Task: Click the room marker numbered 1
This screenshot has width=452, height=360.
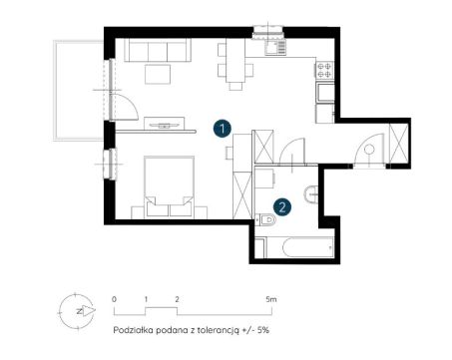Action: tap(223, 129)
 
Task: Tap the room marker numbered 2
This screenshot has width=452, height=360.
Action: tap(282, 207)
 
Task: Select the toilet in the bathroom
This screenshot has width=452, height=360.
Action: tap(265, 219)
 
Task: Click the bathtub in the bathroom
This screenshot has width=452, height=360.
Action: tap(299, 247)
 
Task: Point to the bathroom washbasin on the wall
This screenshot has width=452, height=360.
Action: tap(311, 193)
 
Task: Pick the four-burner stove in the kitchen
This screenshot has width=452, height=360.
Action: tap(324, 70)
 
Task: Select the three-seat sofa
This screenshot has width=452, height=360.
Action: tap(158, 50)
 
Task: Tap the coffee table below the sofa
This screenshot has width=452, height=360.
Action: tap(158, 74)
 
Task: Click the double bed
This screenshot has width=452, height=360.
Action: tap(170, 187)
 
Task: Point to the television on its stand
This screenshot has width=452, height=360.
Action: tap(165, 125)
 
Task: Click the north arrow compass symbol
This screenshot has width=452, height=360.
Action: tap(77, 311)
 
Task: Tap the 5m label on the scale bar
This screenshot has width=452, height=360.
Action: tap(271, 299)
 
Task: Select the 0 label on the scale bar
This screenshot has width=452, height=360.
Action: tap(114, 299)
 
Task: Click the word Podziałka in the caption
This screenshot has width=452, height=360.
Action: tap(133, 330)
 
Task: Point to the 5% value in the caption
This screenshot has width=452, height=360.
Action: tap(262, 330)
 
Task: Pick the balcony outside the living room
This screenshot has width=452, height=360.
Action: tap(79, 91)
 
